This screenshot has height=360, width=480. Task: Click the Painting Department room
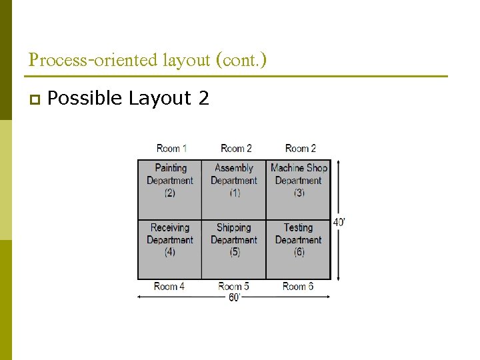pos(170,189)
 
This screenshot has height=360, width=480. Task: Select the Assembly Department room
pos(234,189)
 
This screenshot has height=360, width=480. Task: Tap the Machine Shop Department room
pos(299,189)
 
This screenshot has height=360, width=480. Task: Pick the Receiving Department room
pos(170,249)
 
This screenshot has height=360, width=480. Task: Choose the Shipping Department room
pos(234,249)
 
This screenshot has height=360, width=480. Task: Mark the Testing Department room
pos(299,249)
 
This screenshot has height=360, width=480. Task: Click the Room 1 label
pos(172,148)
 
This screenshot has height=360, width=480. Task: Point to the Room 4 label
pos(169,287)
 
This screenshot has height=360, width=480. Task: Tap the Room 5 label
pos(234,287)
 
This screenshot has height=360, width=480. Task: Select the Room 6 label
pos(298,287)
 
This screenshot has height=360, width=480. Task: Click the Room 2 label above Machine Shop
pos(301,148)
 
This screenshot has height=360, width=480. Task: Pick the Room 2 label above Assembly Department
pos(236,148)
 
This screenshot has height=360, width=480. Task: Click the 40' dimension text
pos(339,222)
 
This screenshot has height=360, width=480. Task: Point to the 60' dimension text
pos(235,297)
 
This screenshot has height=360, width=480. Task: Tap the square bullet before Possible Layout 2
pos(33,99)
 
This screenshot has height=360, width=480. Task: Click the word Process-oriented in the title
pos(93,60)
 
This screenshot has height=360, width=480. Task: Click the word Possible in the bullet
pos(85,99)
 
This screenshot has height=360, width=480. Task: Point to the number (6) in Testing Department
pos(299,252)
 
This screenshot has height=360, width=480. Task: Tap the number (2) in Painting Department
pos(170,193)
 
